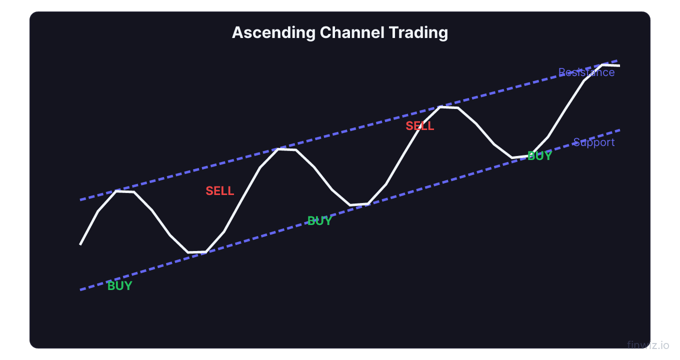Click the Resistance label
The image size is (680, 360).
(586, 72)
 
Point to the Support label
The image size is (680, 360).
(593, 142)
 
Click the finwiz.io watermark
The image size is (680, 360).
(647, 345)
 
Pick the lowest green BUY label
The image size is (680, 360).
(119, 286)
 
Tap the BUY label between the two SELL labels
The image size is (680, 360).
(319, 221)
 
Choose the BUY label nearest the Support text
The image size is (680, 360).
(539, 156)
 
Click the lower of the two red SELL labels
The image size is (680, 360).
(219, 191)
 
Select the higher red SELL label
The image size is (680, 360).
(419, 126)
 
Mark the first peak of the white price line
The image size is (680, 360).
(117, 191)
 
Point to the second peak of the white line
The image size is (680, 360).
(279, 149)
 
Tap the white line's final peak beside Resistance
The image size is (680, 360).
(602, 64)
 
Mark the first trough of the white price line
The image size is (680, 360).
(188, 252)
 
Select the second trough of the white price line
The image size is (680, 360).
(350, 205)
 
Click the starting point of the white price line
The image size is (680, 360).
(80, 244)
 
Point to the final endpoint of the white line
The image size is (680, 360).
(619, 65)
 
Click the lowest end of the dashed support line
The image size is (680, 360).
(80, 290)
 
